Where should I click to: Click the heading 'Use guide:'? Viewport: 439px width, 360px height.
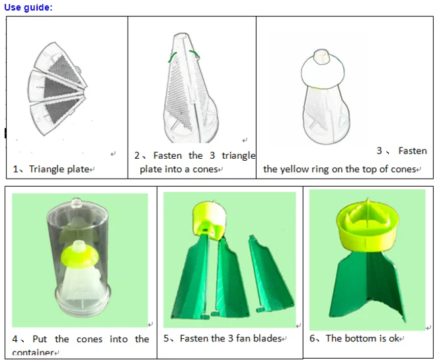[28, 7]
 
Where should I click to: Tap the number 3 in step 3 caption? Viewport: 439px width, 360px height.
[379, 151]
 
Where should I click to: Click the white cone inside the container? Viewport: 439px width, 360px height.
[79, 285]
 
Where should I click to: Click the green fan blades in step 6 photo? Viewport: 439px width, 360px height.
[367, 285]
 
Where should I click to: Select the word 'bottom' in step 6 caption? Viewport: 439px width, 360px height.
[362, 339]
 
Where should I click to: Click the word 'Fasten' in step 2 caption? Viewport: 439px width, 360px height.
[167, 156]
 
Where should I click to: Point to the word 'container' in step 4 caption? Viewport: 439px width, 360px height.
[32, 353]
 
